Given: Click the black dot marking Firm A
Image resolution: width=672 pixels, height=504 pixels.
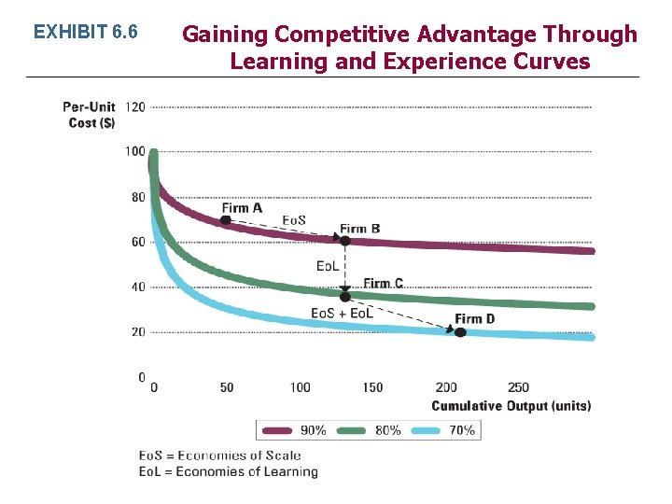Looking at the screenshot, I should (225, 220).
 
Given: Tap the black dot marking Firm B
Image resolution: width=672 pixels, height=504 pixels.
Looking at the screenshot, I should (344, 241).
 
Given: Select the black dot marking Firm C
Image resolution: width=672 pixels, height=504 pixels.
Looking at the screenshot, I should (344, 296).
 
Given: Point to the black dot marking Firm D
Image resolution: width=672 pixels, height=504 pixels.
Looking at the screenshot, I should (459, 331).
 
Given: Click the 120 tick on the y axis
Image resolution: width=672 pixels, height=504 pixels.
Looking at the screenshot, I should (134, 106).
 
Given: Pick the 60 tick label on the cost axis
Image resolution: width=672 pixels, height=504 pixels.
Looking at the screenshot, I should (136, 242).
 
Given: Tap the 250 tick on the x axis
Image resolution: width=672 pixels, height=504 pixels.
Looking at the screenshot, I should (518, 387).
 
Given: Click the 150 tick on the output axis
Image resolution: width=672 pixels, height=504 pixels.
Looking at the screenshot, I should (372, 387).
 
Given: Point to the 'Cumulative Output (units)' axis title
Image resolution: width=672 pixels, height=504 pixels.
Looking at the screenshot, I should (511, 406).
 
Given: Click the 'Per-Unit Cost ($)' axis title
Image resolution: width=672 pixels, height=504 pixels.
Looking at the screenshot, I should (90, 115).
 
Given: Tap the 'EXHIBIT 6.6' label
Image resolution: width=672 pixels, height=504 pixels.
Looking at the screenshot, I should (85, 33).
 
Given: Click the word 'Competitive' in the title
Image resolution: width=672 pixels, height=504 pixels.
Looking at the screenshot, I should (343, 35).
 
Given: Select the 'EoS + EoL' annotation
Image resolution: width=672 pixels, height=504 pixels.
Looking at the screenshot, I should (342, 313).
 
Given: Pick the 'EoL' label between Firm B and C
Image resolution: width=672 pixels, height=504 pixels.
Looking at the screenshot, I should (328, 266).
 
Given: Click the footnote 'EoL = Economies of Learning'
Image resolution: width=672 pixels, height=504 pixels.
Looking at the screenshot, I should (229, 472).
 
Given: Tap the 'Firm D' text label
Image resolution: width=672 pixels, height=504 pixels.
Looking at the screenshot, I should (475, 319).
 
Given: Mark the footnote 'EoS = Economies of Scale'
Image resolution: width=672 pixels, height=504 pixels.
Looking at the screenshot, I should (220, 455).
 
